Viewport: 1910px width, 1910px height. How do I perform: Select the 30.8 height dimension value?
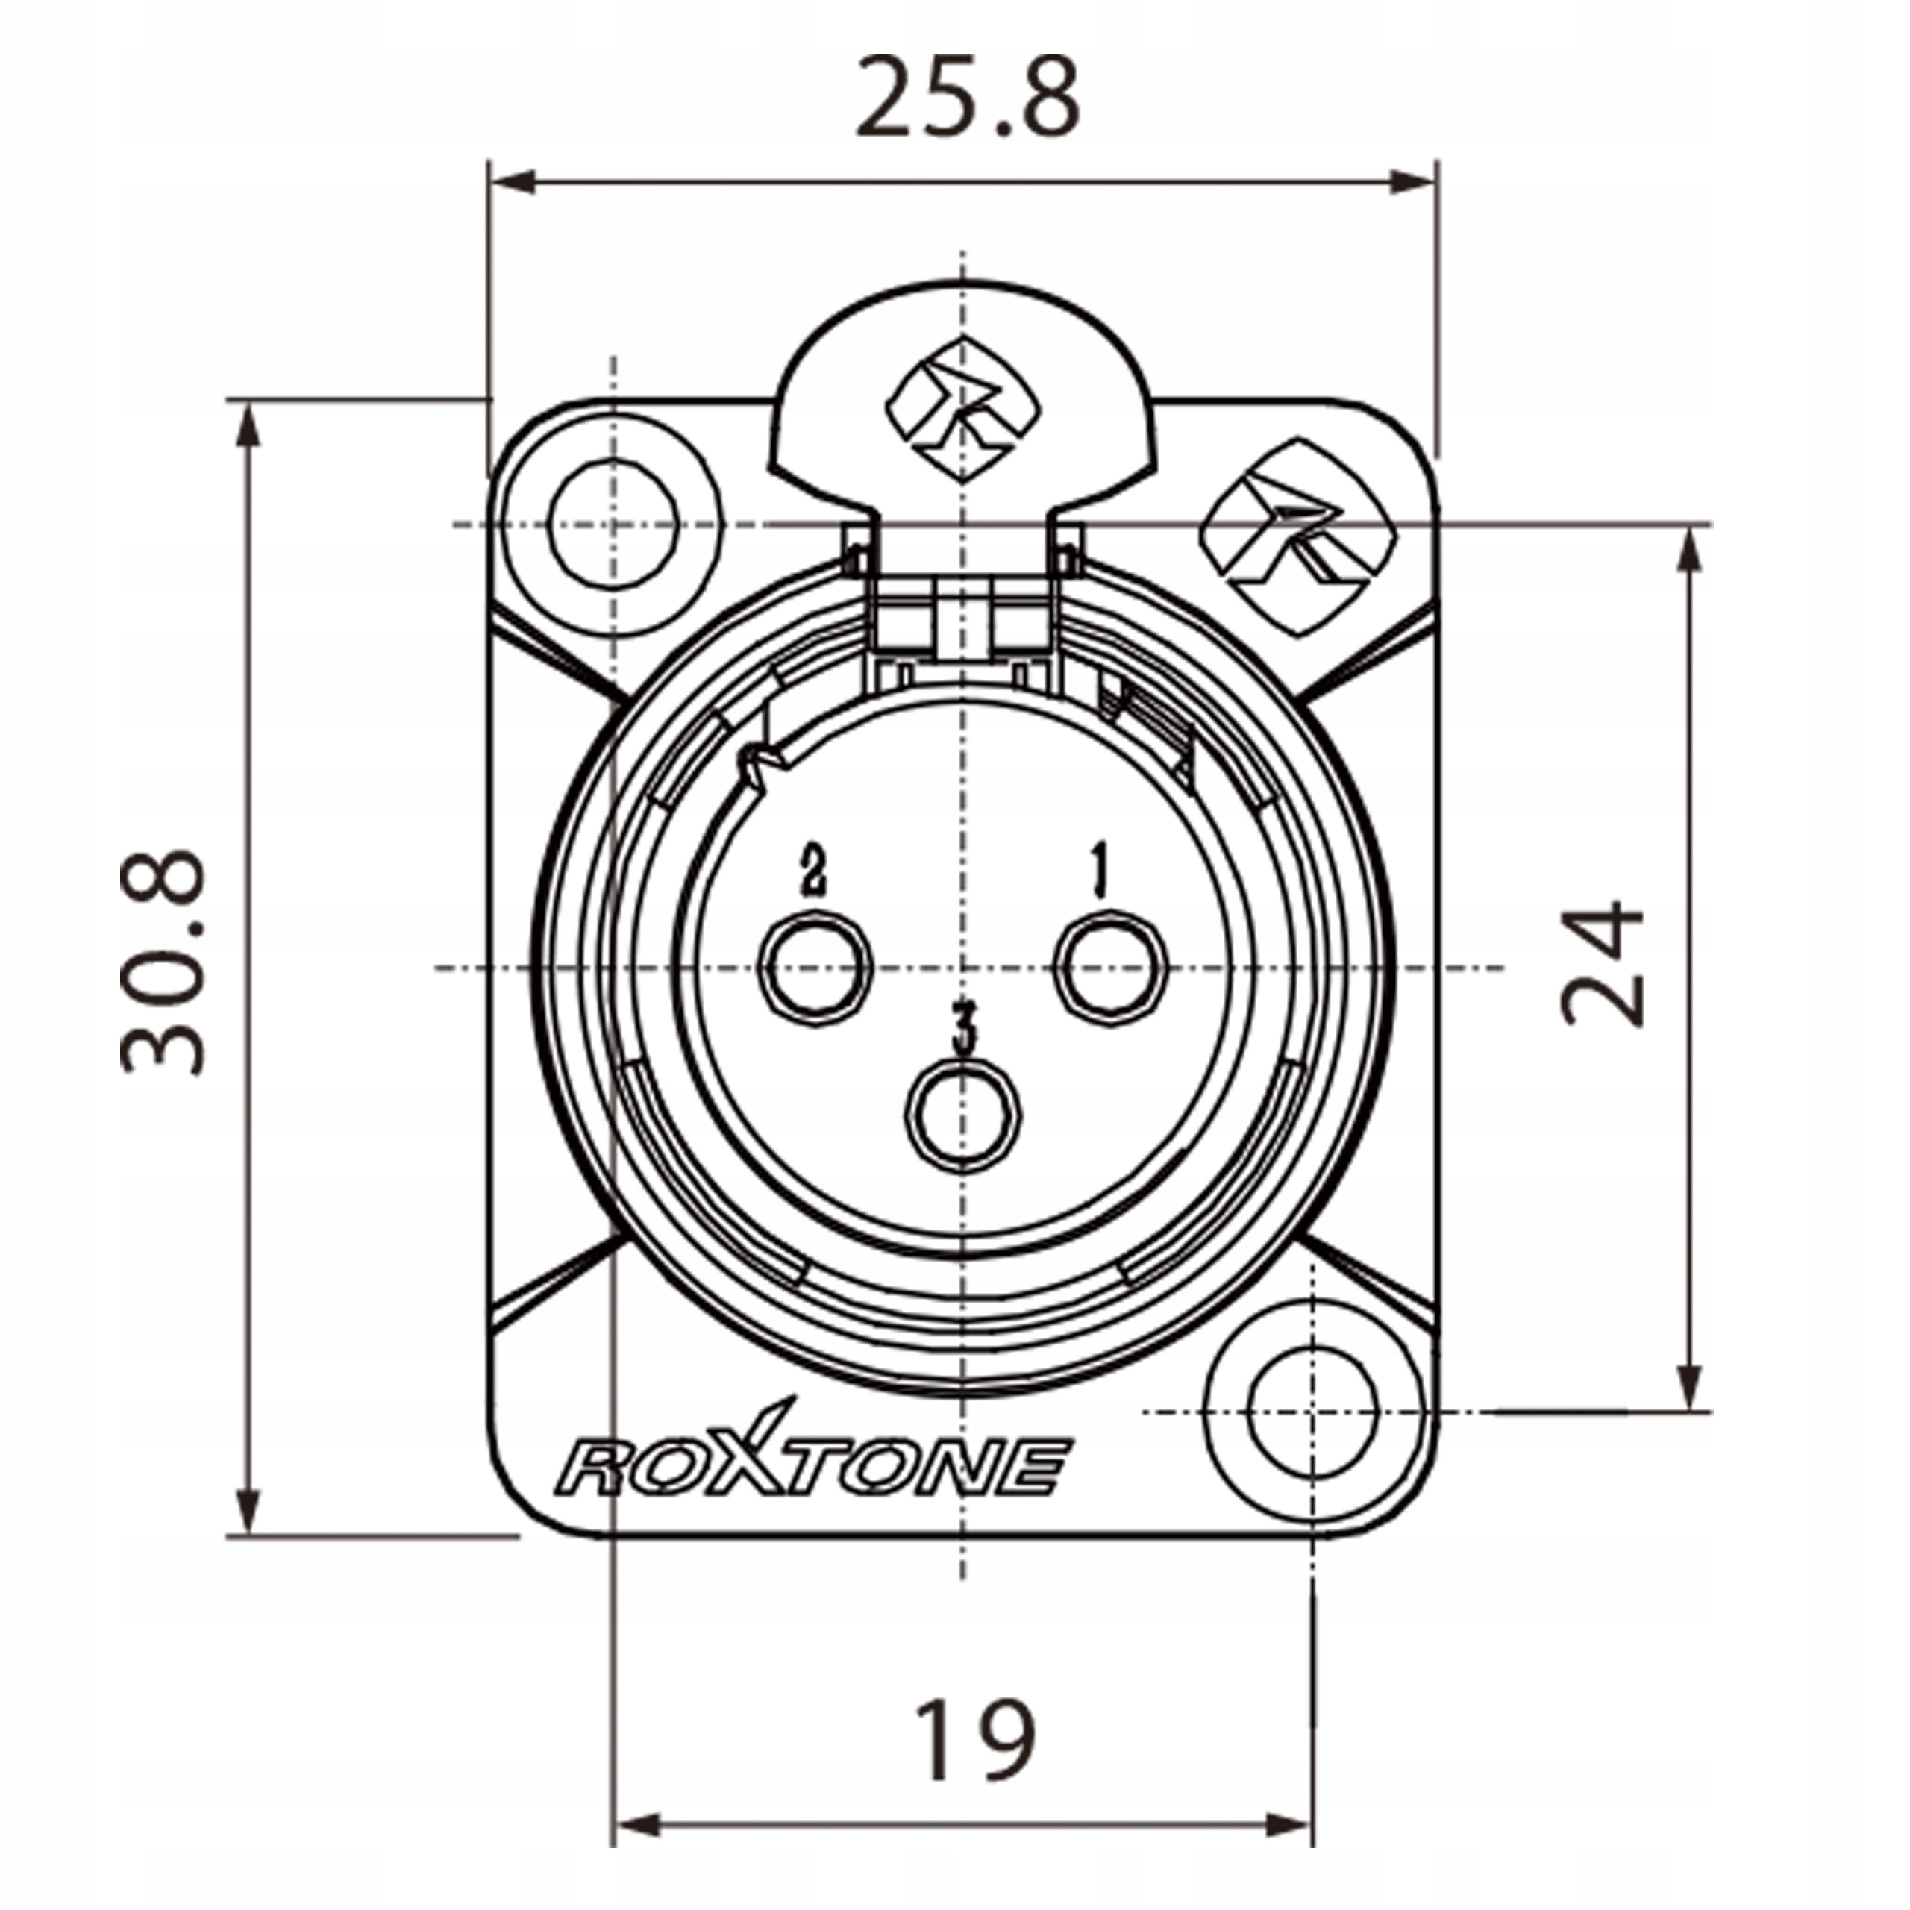(163, 962)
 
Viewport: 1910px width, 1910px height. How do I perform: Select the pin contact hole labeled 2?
(815, 969)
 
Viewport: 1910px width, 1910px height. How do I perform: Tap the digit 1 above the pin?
(1098, 870)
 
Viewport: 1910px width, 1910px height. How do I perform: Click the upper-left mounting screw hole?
(614, 523)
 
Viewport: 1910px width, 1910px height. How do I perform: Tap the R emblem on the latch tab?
(963, 408)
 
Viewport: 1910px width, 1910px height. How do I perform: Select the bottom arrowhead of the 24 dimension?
(1691, 1384)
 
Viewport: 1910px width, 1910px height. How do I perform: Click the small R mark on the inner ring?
(761, 766)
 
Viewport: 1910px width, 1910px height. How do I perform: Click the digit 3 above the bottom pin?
(964, 1028)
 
